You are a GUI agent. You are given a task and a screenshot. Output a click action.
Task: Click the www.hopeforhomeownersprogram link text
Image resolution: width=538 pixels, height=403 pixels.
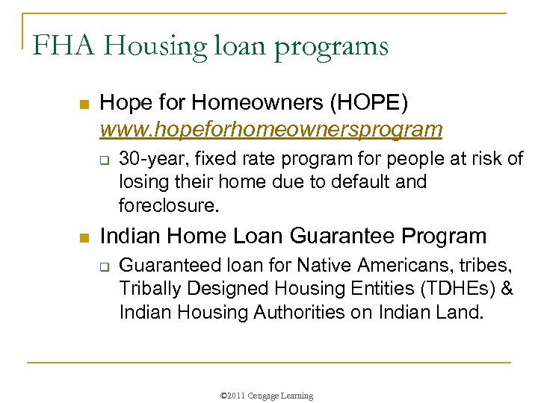click(271, 129)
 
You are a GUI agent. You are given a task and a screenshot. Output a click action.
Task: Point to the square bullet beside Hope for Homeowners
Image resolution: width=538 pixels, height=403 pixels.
click(84, 103)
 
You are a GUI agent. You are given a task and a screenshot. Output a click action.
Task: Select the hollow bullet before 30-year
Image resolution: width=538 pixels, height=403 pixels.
click(106, 159)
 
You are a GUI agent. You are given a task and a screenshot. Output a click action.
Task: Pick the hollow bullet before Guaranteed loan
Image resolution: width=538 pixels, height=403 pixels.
click(106, 265)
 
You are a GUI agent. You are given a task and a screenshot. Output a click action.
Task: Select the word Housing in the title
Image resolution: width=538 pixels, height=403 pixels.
click(147, 46)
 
